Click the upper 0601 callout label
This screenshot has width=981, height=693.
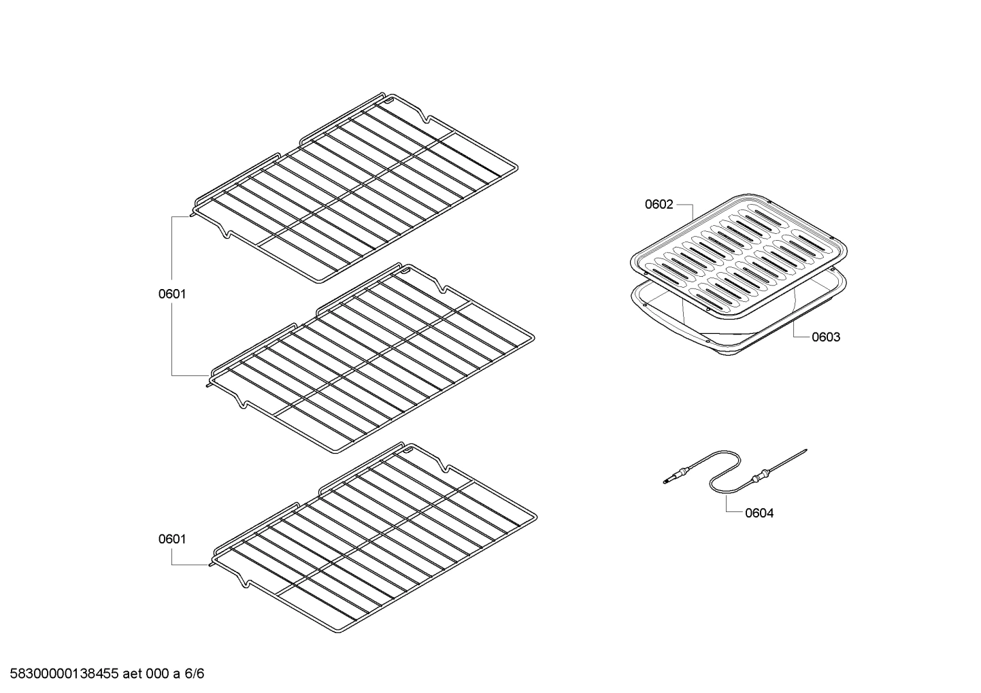(x=172, y=294)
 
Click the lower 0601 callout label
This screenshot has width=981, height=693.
(x=172, y=539)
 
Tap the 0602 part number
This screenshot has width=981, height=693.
(x=659, y=204)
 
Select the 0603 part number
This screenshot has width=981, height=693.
(x=825, y=337)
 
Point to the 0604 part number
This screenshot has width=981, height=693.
(x=759, y=513)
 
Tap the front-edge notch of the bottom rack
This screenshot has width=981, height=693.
(x=242, y=581)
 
